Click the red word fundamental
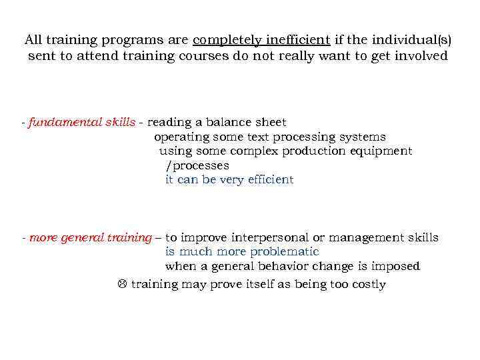point(65,122)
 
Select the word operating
point(181,137)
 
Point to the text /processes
point(197,165)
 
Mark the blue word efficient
point(269,179)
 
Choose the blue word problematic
point(284,252)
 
